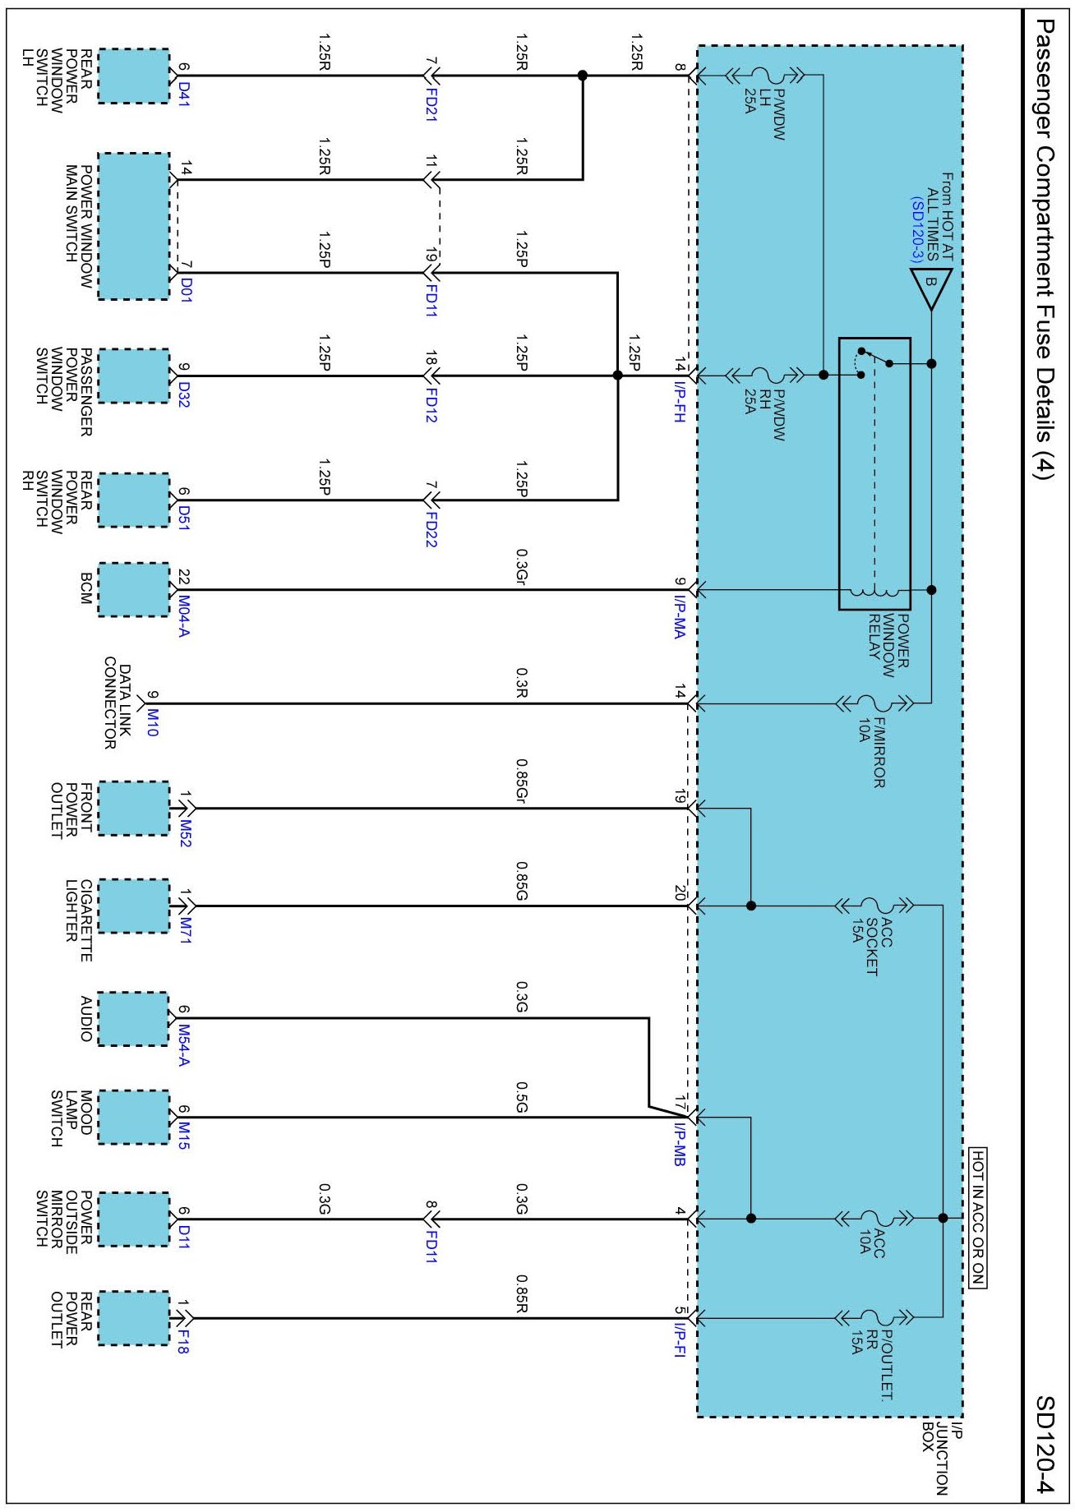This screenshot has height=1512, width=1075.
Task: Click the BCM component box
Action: point(133,589)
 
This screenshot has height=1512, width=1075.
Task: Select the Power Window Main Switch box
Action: point(133,226)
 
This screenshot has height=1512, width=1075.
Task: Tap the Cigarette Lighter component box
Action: point(133,906)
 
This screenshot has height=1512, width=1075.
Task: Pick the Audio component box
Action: point(133,1019)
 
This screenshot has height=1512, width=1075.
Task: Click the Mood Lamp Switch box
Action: point(133,1117)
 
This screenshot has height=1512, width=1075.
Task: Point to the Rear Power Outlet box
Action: point(133,1318)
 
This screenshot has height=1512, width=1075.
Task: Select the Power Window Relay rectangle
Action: point(874,473)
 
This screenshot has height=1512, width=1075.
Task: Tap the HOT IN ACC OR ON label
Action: point(977,1217)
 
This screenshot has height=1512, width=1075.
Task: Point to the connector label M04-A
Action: point(182,616)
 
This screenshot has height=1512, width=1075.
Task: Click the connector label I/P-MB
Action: point(679,1145)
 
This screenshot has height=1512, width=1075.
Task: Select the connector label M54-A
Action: point(182,1045)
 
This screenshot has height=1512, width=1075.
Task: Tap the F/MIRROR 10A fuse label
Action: point(871,753)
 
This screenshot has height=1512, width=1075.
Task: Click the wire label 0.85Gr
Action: point(520,781)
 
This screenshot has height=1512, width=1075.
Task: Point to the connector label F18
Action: point(182,1342)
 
